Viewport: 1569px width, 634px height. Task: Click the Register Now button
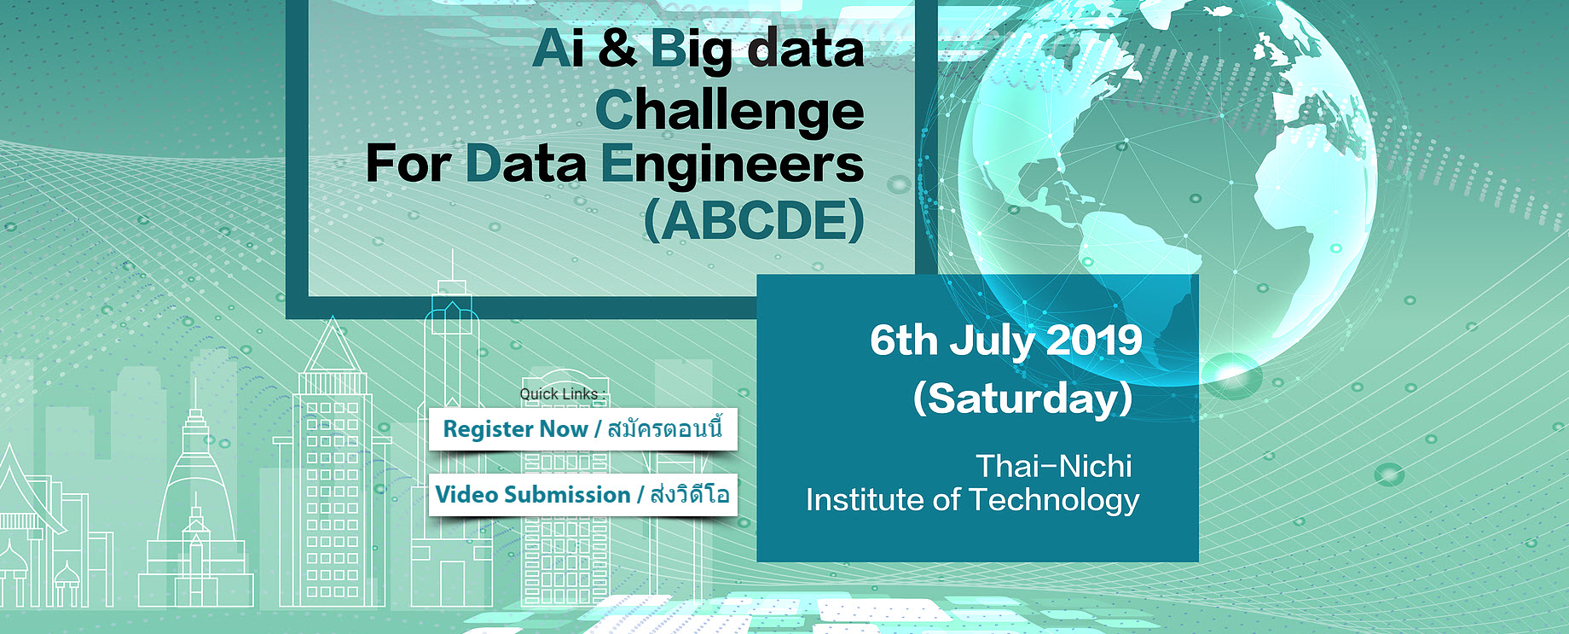(582, 428)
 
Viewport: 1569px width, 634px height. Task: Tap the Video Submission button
(582, 495)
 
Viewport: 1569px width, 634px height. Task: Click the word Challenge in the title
(730, 112)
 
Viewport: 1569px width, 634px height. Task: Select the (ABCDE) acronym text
(755, 221)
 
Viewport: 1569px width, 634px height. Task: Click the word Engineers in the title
(732, 166)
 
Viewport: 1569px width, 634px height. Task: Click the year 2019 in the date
(1094, 340)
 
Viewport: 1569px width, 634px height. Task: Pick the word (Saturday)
(1022, 398)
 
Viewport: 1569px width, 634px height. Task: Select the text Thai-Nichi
(1054, 466)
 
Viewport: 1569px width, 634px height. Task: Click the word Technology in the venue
(1054, 500)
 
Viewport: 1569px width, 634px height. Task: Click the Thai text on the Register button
(665, 428)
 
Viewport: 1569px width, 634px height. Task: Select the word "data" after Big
(806, 49)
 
